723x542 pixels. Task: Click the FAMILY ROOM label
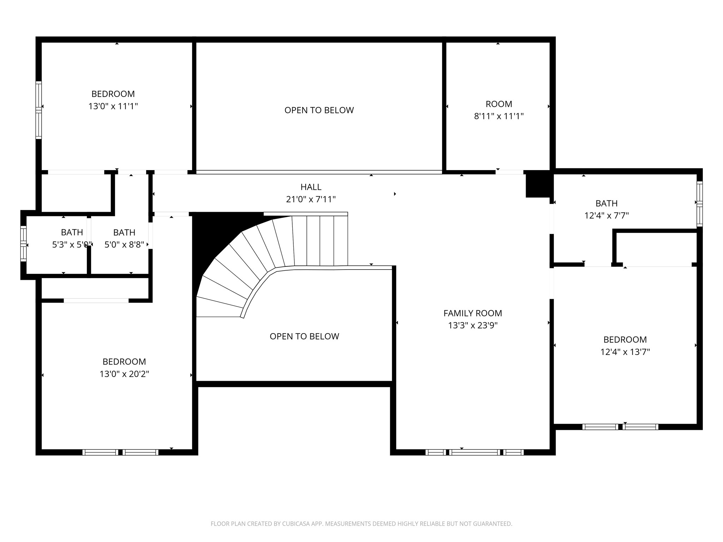pos(472,313)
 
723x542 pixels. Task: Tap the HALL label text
pos(311,187)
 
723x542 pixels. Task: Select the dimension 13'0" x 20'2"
pos(124,374)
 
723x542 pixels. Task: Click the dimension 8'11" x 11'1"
pos(498,116)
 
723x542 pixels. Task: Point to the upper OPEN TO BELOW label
pos(319,110)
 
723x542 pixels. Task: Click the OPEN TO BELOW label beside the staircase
pos(304,336)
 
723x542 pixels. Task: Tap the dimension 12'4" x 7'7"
pos(607,215)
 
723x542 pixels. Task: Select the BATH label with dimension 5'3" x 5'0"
pos(72,232)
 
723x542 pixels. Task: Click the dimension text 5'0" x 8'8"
pos(124,245)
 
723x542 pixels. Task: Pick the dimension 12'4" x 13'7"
pos(625,352)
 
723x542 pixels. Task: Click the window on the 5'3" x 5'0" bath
pos(23,243)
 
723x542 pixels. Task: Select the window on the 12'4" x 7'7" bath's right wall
pos(699,204)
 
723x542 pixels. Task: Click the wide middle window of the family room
pos(474,452)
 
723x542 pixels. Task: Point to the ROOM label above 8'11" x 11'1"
pos(498,104)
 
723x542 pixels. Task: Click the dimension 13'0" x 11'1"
pos(113,106)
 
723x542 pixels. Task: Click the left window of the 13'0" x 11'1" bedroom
pos(38,109)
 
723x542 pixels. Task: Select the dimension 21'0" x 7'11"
pos(311,199)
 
